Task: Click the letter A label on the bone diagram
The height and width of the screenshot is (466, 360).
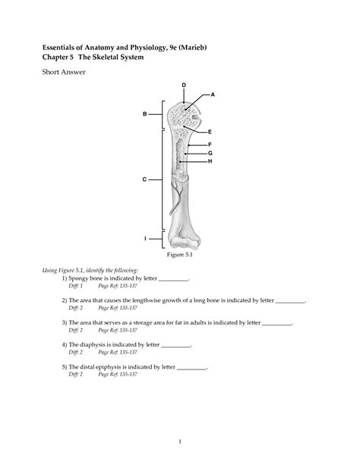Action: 213,94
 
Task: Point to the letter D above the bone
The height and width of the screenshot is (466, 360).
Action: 184,85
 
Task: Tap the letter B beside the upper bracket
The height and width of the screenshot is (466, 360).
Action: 144,114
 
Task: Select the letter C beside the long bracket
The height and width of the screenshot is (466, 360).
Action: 144,179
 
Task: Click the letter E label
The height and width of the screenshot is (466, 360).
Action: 210,132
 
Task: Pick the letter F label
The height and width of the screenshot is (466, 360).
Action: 210,144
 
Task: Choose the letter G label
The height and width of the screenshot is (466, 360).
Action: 210,154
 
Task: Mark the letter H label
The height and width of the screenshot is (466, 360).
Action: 210,161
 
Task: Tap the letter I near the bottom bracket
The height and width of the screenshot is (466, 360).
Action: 145,239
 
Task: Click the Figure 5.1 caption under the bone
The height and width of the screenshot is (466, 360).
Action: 180,255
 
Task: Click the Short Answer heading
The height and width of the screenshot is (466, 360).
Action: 64,72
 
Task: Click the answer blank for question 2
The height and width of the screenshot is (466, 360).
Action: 290,302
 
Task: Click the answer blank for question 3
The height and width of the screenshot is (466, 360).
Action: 276,324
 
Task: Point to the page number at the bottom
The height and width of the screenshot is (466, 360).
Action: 180,442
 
